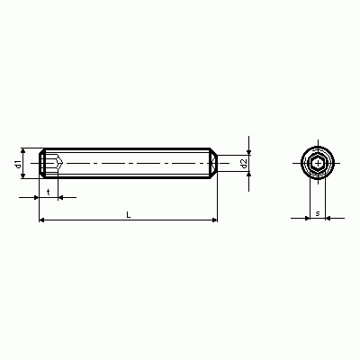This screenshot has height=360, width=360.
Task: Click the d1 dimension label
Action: (x=18, y=164)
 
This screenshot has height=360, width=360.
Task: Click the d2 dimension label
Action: (x=244, y=164)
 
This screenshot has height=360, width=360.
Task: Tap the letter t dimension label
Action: (x=49, y=192)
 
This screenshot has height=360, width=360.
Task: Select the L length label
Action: (x=129, y=215)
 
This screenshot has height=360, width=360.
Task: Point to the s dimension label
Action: (x=318, y=213)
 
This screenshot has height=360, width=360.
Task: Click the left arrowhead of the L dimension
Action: (x=42, y=220)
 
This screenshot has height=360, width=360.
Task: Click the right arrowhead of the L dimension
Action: (x=214, y=220)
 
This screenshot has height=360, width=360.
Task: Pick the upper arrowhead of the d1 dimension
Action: (x=23, y=150)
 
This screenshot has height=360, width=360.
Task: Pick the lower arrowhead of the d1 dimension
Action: (x=23, y=176)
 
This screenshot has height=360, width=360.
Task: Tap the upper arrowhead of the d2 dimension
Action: (x=248, y=153)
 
